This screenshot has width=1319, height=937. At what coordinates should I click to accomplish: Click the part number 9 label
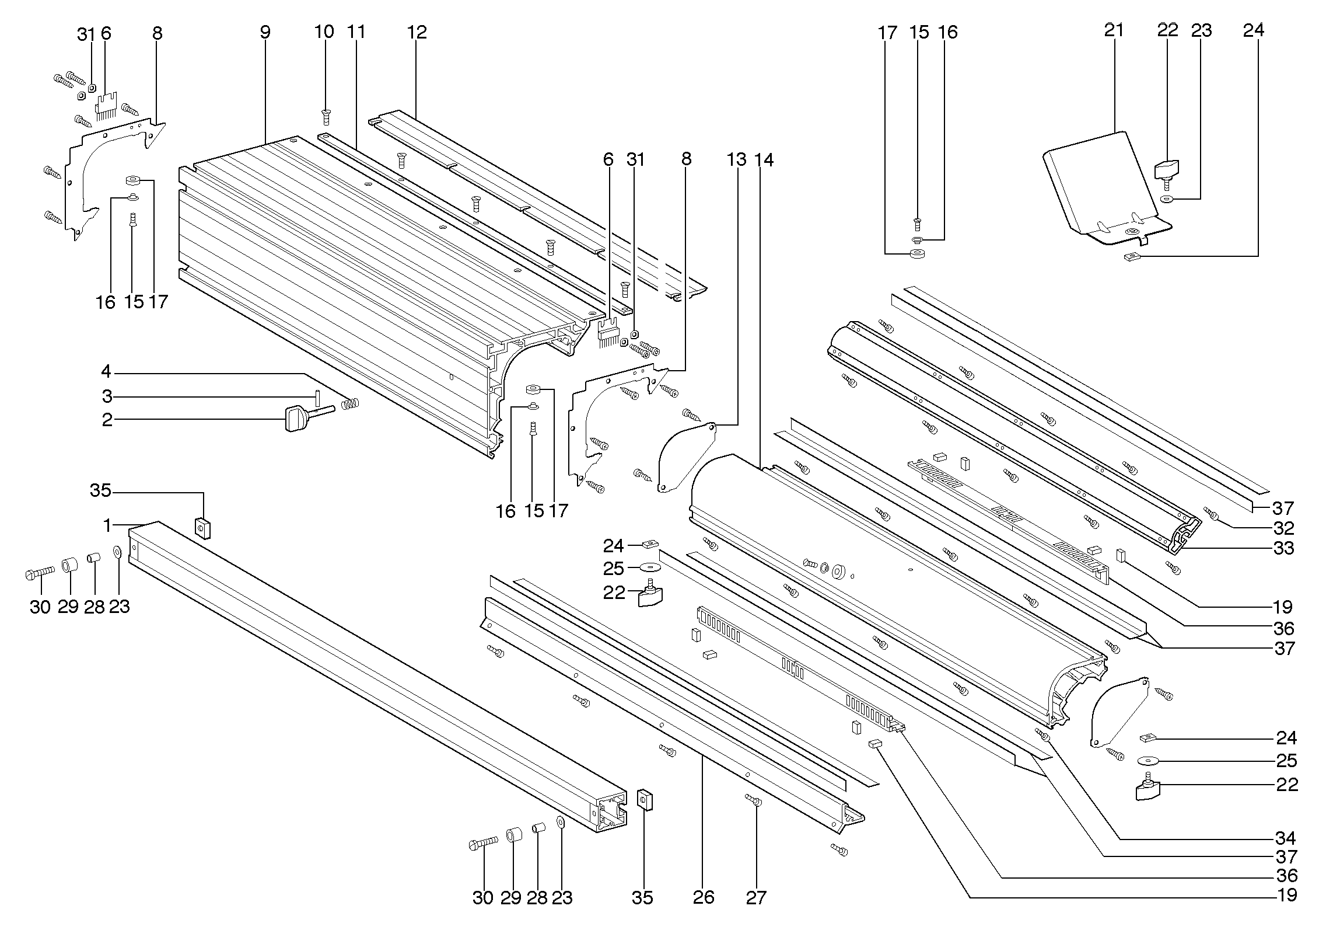pyautogui.click(x=265, y=32)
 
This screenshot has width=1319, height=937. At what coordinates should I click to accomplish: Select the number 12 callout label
pyautogui.click(x=417, y=32)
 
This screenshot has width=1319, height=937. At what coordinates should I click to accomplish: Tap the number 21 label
pyautogui.click(x=1113, y=30)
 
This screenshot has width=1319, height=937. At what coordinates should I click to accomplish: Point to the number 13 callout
pyautogui.click(x=737, y=159)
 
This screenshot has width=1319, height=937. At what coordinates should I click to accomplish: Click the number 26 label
pyautogui.click(x=704, y=897)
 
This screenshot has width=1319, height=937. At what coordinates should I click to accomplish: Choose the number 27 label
pyautogui.click(x=755, y=897)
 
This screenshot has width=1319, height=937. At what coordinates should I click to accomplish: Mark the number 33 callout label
pyautogui.click(x=1283, y=548)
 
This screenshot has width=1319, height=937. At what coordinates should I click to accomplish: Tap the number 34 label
pyautogui.click(x=1286, y=839)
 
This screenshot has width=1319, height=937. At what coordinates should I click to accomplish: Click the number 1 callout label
pyautogui.click(x=107, y=526)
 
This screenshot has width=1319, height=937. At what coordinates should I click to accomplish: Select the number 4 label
pyautogui.click(x=106, y=372)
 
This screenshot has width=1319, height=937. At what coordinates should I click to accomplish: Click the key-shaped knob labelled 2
pyautogui.click(x=295, y=419)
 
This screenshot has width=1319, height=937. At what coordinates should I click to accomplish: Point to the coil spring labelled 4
pyautogui.click(x=350, y=403)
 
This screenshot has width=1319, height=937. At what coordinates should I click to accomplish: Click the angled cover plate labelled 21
pyautogui.click(x=1097, y=187)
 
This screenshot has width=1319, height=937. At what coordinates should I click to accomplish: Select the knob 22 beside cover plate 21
pyautogui.click(x=1166, y=171)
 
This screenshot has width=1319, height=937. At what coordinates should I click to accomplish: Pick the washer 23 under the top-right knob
pyautogui.click(x=1166, y=200)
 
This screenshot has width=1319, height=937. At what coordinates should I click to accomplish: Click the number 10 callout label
pyautogui.click(x=324, y=32)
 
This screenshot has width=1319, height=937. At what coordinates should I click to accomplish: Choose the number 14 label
pyautogui.click(x=764, y=159)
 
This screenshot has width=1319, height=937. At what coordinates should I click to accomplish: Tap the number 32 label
pyautogui.click(x=1283, y=528)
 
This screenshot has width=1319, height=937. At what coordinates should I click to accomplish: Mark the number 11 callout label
pyautogui.click(x=356, y=32)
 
